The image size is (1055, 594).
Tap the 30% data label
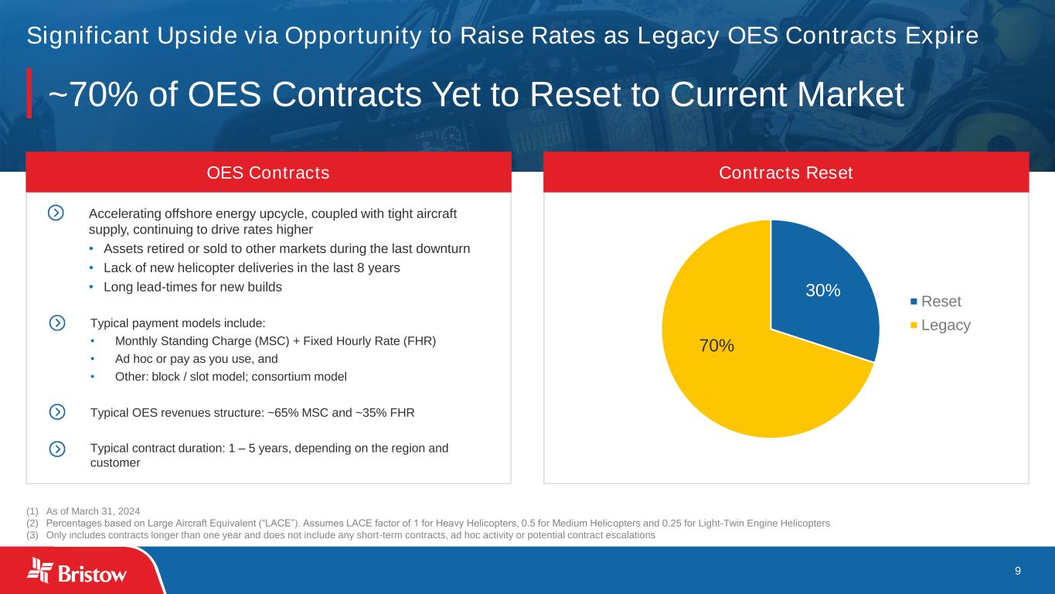pos(823,290)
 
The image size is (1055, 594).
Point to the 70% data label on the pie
pos(716,346)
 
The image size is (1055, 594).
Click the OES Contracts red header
pos(268,172)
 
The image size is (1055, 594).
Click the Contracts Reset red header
pos(786,172)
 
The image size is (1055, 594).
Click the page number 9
pos(1018,571)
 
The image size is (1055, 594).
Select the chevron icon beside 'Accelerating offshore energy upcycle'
pos(56,213)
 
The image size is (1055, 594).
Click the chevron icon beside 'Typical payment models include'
pos(57,323)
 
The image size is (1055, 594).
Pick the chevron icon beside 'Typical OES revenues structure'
pos(57,412)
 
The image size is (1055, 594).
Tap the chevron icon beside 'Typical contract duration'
pos(57,449)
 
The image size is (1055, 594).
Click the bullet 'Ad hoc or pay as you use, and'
pos(196,359)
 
